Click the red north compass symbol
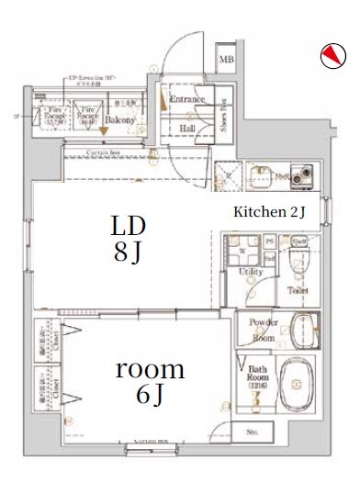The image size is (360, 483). click(x=331, y=57)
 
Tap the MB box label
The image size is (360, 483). click(x=226, y=62)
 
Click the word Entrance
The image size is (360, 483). click(x=186, y=99)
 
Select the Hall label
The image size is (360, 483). click(x=187, y=129)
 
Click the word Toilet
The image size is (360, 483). click(x=298, y=290)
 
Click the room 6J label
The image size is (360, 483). click(x=149, y=383)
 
